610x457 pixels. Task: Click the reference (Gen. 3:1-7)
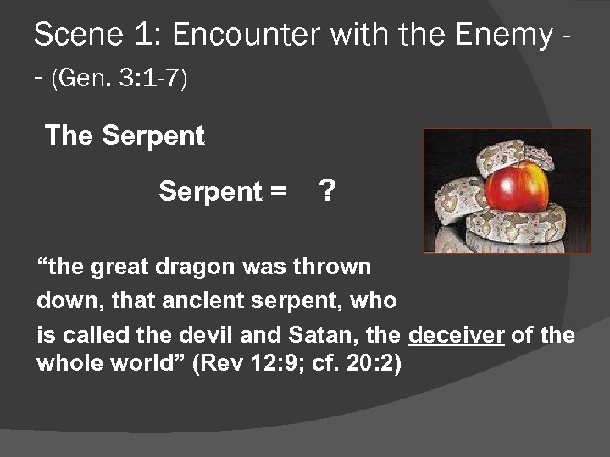click(x=119, y=80)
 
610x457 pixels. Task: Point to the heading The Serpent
click(x=125, y=135)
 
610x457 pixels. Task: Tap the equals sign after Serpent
click(x=277, y=192)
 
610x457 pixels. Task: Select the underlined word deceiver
click(x=457, y=335)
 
